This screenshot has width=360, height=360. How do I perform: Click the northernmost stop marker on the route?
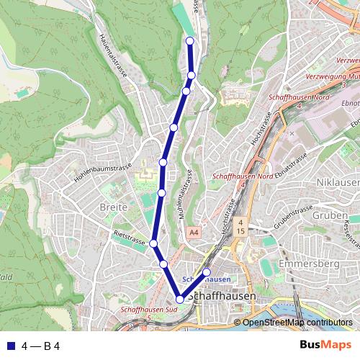pos(190,41)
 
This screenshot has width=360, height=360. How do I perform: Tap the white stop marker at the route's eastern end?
pos(207,271)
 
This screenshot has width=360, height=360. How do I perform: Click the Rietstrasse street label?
pos(130,237)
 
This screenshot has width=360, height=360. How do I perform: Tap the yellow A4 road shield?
pos(193,233)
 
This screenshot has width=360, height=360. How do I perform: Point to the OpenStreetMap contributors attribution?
pos(297,322)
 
